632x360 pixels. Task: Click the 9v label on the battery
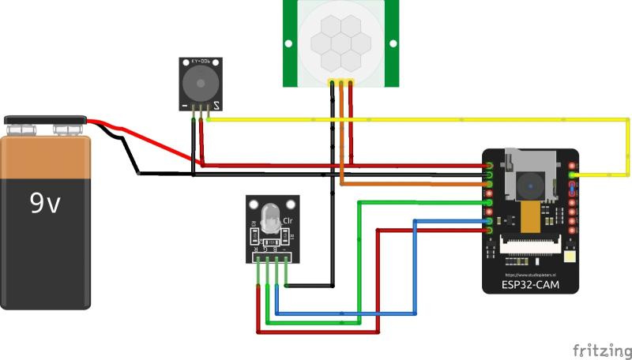[45, 204]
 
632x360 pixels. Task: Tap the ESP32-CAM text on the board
[530, 283]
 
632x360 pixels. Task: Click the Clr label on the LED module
[287, 221]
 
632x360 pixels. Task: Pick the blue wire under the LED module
[348, 315]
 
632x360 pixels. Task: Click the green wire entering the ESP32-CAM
[427, 202]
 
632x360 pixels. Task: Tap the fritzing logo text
[602, 349]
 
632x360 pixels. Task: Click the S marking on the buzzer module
[216, 104]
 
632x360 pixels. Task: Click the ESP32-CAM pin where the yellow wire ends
[572, 174]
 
